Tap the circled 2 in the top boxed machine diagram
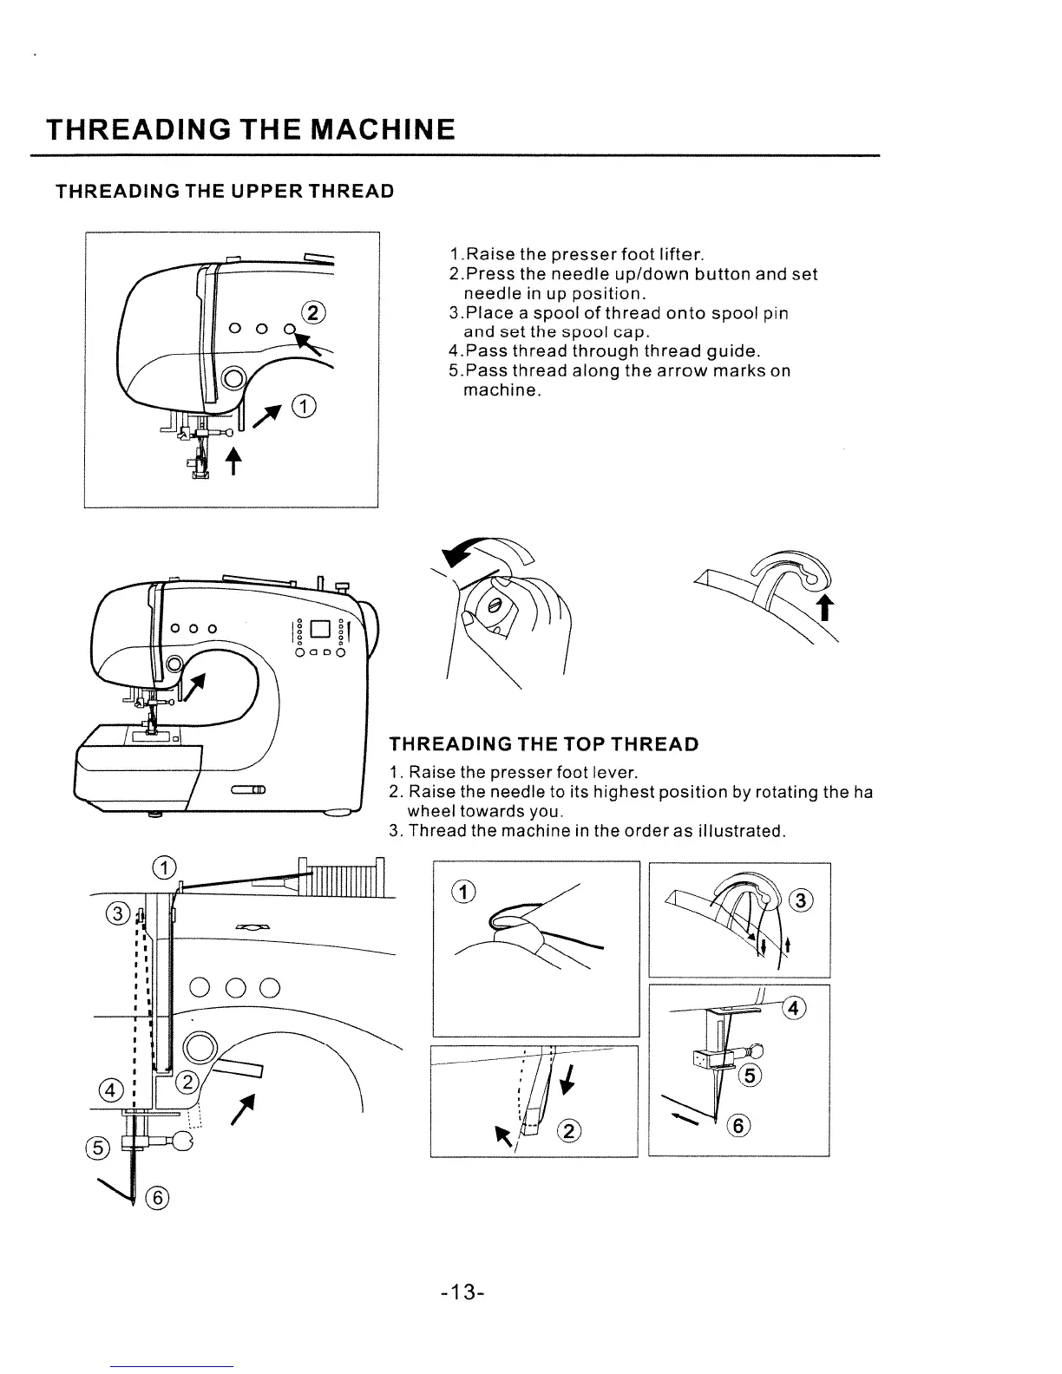point(310,313)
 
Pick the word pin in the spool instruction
point(776,313)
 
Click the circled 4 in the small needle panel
point(795,1007)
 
